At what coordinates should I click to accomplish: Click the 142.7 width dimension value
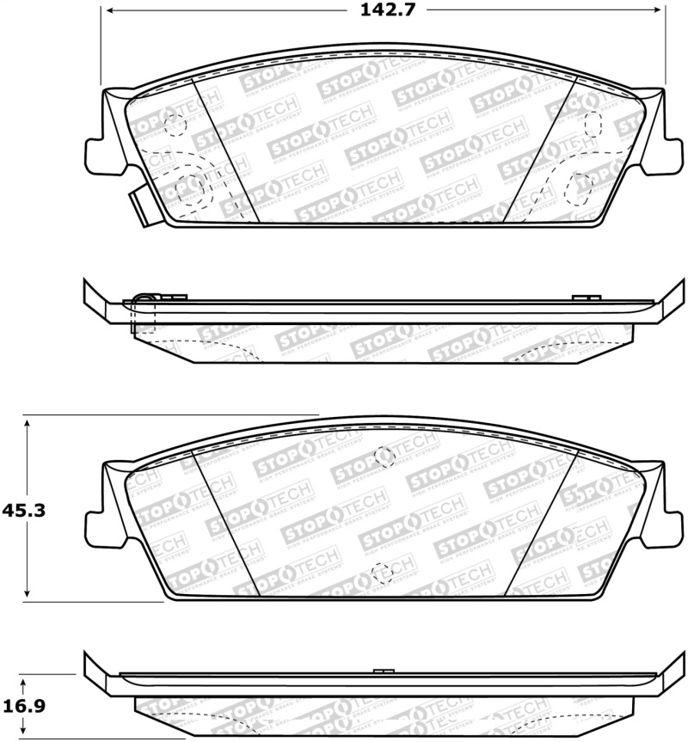coord(384,11)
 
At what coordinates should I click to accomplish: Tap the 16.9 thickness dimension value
coord(23,705)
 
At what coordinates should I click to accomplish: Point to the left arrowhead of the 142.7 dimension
coord(107,10)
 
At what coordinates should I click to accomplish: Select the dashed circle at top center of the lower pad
coord(384,457)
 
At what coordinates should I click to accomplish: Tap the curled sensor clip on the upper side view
coord(144,300)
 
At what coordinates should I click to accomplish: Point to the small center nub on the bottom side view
coord(384,671)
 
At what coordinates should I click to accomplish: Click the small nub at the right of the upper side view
coord(586,297)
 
